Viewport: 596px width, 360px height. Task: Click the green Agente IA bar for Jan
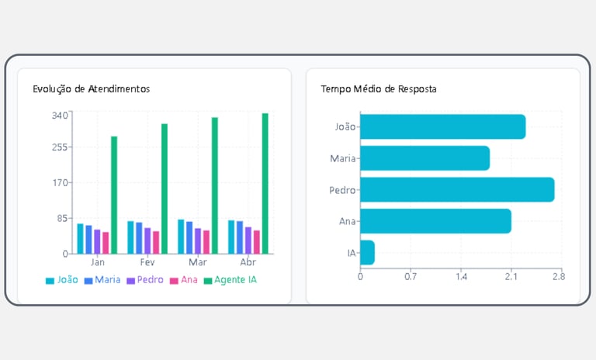(114, 195)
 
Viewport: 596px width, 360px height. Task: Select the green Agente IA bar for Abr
(265, 183)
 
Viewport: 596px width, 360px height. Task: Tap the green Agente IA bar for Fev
(165, 189)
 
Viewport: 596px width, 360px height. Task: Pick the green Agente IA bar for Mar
(215, 185)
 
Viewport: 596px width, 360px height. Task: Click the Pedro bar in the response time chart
(457, 190)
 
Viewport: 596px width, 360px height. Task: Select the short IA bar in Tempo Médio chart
(367, 252)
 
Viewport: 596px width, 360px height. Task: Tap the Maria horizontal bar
(424, 158)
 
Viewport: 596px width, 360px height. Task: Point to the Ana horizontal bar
(435, 221)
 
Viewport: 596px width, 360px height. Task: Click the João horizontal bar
(442, 127)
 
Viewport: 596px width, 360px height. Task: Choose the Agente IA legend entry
(230, 280)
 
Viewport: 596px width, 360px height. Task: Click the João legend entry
(62, 280)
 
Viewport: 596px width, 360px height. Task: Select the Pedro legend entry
(144, 280)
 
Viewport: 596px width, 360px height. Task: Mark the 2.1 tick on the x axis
(509, 276)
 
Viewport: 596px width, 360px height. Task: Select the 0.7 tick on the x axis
(411, 276)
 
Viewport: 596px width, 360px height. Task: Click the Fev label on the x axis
(147, 263)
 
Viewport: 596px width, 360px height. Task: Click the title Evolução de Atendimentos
(91, 89)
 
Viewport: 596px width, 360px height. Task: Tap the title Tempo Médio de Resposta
(379, 89)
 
